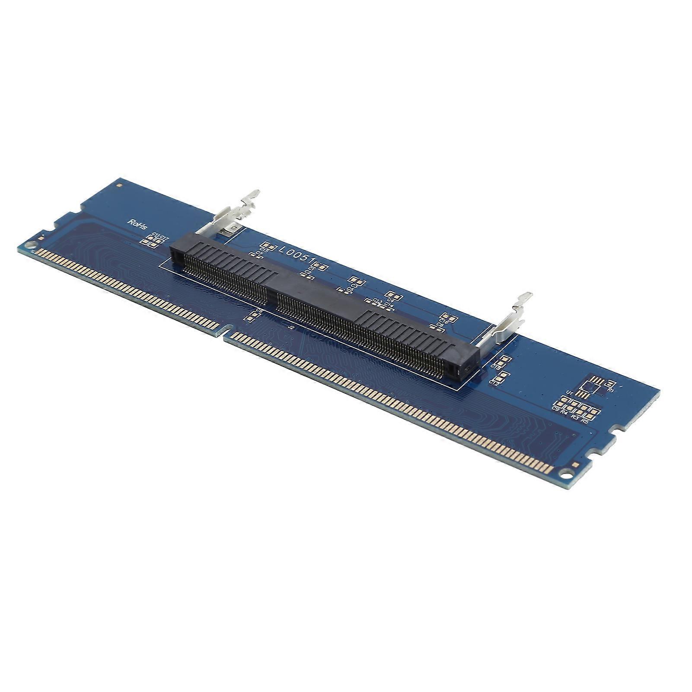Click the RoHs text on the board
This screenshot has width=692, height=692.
pos(137,224)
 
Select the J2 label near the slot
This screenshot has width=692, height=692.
pos(290,328)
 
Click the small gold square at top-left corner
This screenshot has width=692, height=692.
pos(120,185)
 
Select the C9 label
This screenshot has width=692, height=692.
pos(555,408)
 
